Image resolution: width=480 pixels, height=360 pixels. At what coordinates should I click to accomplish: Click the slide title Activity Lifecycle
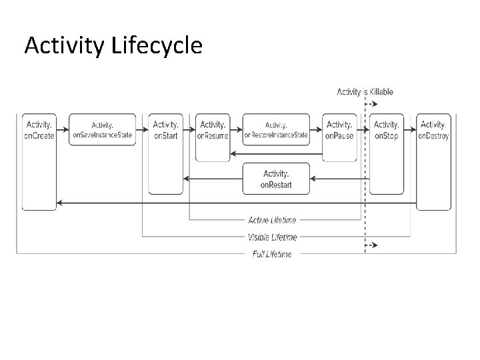click(x=113, y=45)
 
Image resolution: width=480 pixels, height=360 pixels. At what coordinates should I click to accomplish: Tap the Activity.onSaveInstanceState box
click(x=103, y=129)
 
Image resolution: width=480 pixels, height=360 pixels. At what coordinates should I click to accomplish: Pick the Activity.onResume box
click(x=213, y=137)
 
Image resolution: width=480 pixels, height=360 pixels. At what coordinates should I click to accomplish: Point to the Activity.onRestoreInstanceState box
click(x=276, y=129)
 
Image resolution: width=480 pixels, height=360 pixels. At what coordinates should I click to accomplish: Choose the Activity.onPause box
click(x=339, y=137)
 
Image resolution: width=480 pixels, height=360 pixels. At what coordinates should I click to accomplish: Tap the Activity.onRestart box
click(x=276, y=178)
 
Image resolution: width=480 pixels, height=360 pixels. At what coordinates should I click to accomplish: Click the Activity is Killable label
click(x=365, y=92)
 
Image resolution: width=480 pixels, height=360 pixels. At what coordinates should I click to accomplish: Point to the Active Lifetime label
click(x=272, y=220)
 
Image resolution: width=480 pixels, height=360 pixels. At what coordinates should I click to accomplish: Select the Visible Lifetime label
click(x=272, y=237)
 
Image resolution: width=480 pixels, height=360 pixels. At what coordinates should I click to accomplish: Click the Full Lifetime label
click(x=272, y=254)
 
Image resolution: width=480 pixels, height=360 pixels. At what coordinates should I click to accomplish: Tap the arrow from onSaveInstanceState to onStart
click(x=142, y=129)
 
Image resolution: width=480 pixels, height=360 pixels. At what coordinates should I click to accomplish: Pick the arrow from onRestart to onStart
click(x=213, y=179)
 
